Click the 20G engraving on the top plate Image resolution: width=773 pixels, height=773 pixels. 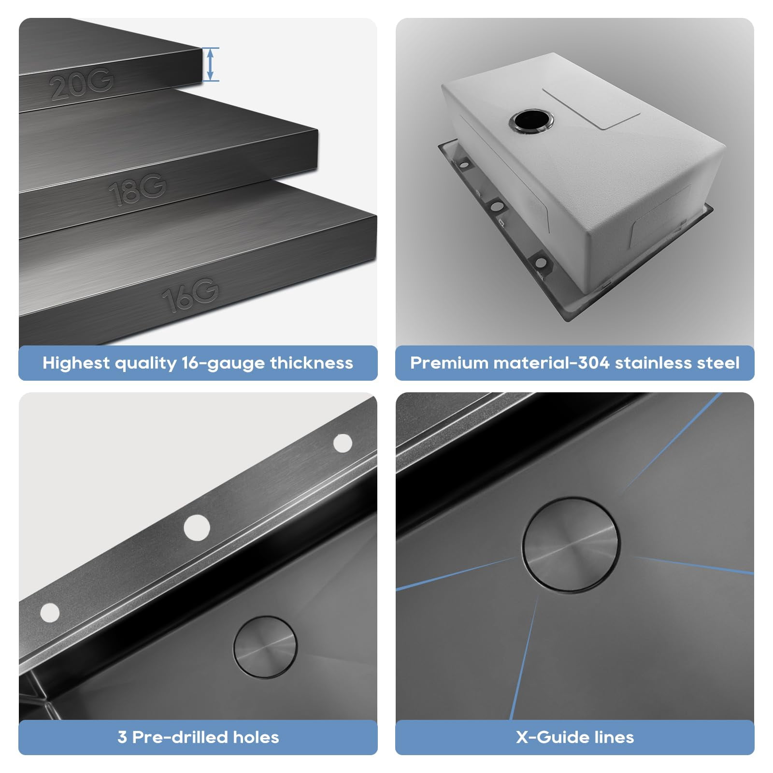point(81,85)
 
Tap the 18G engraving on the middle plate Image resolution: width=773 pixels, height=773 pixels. point(137,189)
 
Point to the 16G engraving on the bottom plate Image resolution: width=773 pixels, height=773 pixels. point(190,295)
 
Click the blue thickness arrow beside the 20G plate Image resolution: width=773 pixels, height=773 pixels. point(210,64)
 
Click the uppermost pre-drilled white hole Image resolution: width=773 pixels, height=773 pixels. point(343,443)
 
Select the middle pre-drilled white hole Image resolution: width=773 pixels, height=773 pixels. point(197,527)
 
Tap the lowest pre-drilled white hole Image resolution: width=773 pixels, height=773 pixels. point(50,613)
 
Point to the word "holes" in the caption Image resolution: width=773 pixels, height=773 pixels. point(256,737)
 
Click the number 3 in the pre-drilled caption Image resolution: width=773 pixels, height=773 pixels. point(122,737)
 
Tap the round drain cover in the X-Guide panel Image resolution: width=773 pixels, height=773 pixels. point(571,544)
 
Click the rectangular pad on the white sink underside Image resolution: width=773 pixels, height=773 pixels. point(591,107)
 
